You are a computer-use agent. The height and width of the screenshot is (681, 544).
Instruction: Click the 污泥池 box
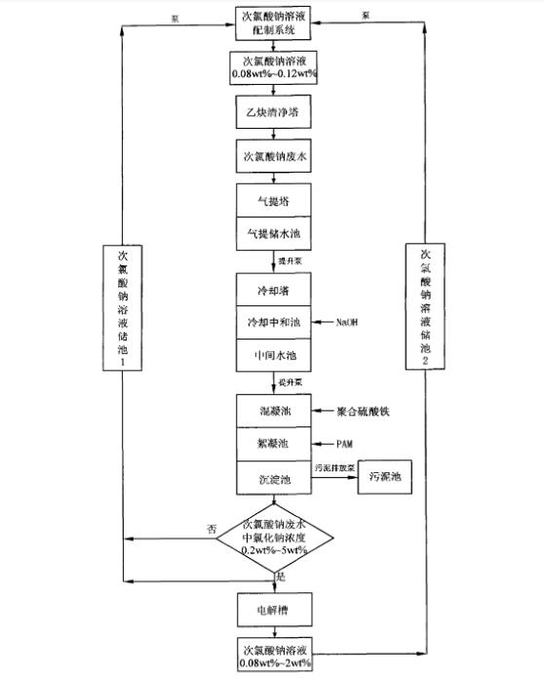pyautogui.click(x=389, y=478)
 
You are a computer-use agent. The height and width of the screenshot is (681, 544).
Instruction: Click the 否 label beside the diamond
pyautogui.click(x=212, y=527)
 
